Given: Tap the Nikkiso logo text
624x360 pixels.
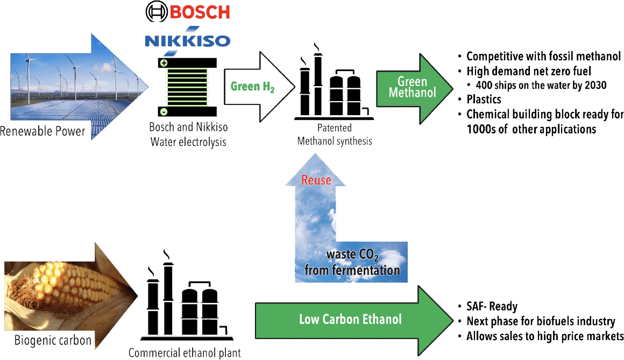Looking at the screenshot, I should click(x=187, y=40).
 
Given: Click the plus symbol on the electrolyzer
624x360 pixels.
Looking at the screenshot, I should click(x=164, y=63).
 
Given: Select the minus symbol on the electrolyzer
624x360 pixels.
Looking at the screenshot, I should click(x=164, y=111).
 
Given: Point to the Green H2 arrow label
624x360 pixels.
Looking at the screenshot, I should click(x=252, y=87).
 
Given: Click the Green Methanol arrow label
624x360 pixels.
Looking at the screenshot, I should click(x=412, y=87).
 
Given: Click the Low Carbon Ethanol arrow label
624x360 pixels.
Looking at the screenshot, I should click(x=350, y=320).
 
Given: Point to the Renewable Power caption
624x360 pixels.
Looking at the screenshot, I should click(x=42, y=131).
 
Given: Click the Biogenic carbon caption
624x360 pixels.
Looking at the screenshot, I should click(x=53, y=341).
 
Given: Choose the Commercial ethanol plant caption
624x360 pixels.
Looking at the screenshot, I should click(x=185, y=353).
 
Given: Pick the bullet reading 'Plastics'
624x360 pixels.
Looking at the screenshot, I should click(x=484, y=100).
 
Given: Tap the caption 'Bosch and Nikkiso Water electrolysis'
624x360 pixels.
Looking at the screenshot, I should click(x=188, y=136).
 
